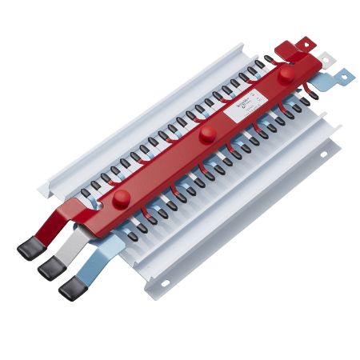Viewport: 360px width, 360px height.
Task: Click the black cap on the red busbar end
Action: (29, 250)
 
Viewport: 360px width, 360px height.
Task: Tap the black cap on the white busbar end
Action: (50, 267)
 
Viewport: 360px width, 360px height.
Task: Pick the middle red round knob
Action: (208, 132)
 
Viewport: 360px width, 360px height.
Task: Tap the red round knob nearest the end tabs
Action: (285, 74)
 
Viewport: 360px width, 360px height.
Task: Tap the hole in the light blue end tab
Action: (345, 75)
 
